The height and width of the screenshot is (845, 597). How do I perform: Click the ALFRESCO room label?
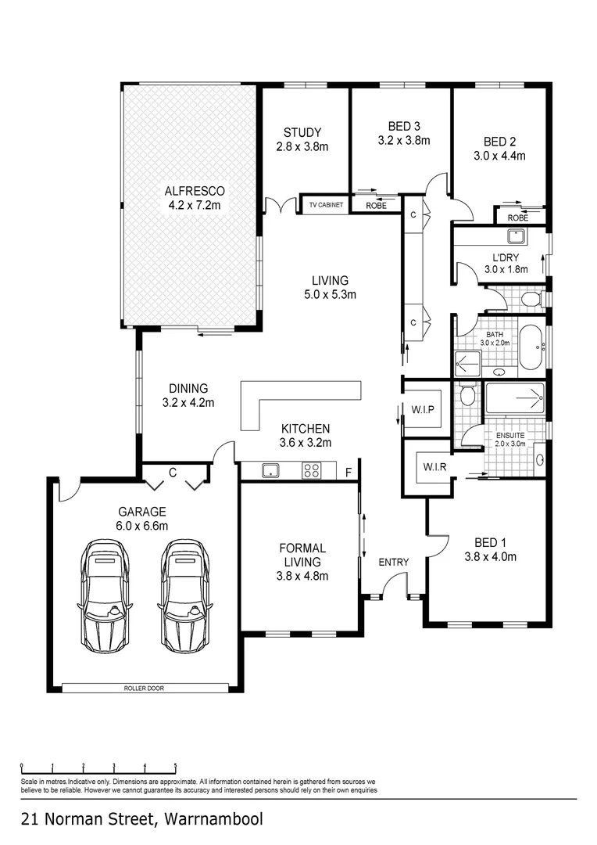[x=195, y=191]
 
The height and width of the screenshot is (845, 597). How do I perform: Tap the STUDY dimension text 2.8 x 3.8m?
[x=302, y=146]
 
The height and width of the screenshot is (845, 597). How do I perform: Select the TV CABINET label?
[x=326, y=205]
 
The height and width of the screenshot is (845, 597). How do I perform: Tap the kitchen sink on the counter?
[x=270, y=470]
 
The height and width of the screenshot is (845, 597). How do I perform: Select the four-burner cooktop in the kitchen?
[x=311, y=470]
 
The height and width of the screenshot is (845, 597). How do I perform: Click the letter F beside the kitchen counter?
[x=349, y=472]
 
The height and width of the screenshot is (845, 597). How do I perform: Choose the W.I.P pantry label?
[x=422, y=410]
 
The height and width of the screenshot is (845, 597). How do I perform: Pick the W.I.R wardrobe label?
[x=427, y=468]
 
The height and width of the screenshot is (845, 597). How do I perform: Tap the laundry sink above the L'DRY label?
[x=516, y=236]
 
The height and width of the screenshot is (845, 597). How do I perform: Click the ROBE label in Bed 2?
[x=517, y=218]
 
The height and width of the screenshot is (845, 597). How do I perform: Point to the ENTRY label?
[x=394, y=562]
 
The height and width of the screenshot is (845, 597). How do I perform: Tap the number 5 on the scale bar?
[x=176, y=766]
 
